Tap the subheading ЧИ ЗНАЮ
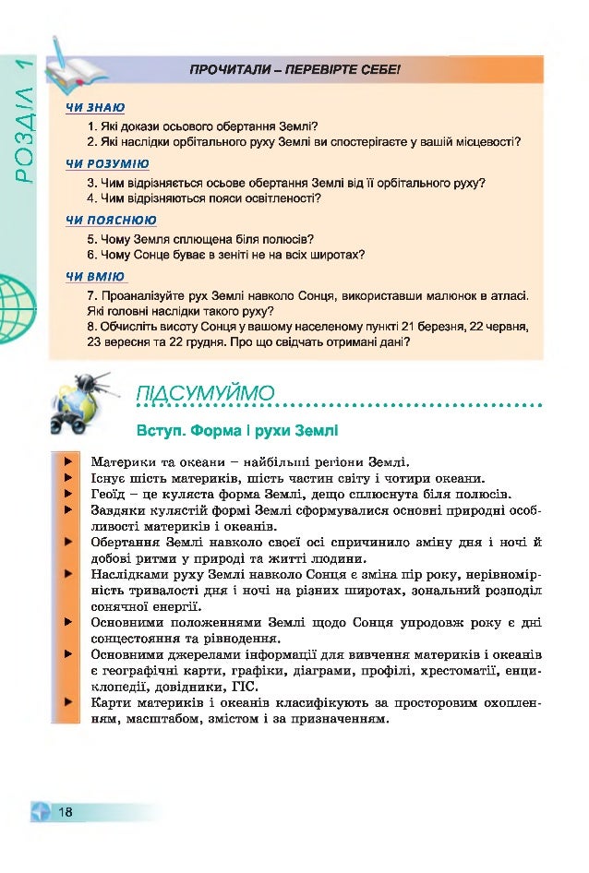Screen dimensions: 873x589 (x=95, y=108)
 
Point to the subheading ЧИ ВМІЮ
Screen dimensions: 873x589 (x=94, y=276)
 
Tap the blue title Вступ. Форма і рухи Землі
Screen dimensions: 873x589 (x=236, y=430)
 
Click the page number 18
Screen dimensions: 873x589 (x=65, y=812)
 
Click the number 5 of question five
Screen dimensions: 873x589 (x=90, y=238)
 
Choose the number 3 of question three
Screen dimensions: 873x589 (x=90, y=182)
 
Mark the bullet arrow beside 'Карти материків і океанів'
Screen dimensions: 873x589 (x=67, y=703)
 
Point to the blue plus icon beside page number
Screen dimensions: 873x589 (x=39, y=812)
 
